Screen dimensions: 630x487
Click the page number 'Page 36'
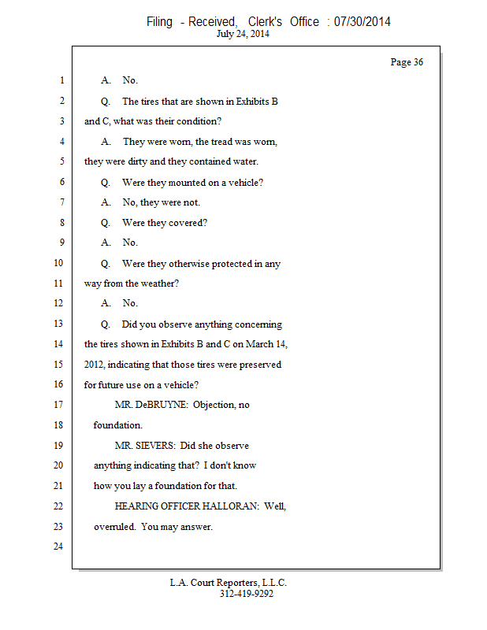[407, 62]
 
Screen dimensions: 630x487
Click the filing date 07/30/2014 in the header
[362, 22]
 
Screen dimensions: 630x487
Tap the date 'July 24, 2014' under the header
[243, 34]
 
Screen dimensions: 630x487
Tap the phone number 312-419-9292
[246, 594]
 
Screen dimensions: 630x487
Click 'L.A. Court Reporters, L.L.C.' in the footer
[228, 583]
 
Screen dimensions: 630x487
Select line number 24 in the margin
[58, 547]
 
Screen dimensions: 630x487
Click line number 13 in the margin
[58, 324]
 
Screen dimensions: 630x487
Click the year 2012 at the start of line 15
[95, 365]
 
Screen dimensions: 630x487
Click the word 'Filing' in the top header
[159, 22]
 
